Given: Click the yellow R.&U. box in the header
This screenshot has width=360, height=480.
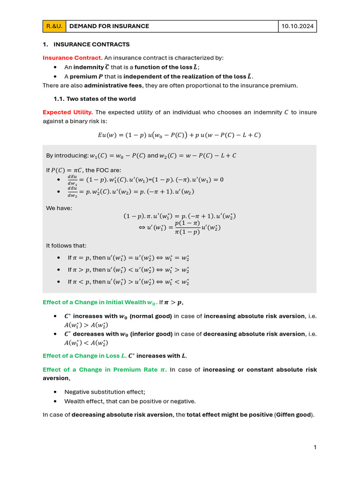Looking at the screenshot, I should point(54,26).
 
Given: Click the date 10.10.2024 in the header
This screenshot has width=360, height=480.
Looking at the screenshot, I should point(298,26).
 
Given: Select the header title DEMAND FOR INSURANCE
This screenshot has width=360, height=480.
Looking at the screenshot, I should point(109,26).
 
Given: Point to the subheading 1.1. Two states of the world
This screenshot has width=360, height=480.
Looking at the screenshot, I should point(95,99).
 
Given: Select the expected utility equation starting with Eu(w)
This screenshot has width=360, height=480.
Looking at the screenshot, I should point(180,135).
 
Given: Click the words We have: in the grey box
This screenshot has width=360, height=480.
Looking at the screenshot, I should point(59,208).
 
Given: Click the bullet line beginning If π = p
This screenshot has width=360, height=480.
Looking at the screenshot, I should point(128,258).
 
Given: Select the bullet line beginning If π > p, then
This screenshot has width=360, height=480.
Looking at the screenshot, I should point(128,270).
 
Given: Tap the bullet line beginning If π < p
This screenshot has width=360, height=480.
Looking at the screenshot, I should point(128,282).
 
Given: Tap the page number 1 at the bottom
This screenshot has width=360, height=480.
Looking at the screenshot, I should point(315,447).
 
